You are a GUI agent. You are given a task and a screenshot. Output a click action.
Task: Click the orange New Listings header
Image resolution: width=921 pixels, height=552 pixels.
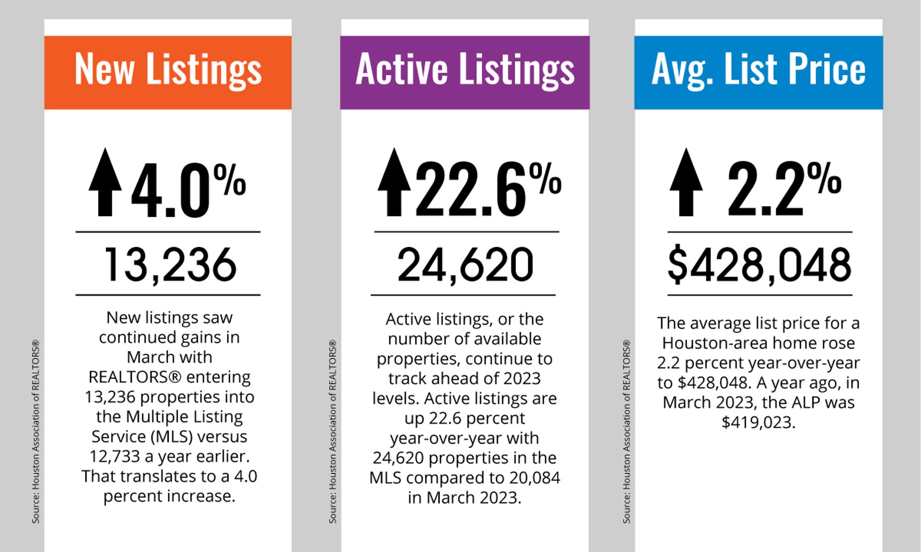point(168,72)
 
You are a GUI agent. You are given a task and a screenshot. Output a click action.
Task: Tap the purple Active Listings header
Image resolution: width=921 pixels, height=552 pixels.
point(464,72)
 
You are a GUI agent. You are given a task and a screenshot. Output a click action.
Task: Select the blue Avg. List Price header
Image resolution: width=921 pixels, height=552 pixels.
point(758,72)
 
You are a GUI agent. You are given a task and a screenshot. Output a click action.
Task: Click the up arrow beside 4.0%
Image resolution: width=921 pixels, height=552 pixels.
point(105,183)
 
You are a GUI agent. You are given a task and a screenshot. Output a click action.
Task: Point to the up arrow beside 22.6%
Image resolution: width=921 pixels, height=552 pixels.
point(394,183)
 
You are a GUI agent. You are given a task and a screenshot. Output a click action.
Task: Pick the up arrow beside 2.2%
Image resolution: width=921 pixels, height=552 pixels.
point(686,183)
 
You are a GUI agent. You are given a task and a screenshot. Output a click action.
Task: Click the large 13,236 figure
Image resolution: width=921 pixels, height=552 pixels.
point(170,265)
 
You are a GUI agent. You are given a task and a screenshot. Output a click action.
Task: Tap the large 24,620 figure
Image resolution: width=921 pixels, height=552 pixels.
point(465,265)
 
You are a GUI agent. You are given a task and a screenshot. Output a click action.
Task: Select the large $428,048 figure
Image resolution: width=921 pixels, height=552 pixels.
point(759,265)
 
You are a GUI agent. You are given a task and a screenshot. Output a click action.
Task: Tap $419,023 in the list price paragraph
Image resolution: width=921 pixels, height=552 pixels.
point(758,422)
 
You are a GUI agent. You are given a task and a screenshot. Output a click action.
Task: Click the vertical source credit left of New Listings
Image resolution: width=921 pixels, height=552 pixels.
point(36,432)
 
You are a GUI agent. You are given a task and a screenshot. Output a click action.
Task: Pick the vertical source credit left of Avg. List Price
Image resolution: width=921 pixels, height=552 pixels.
point(626,432)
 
